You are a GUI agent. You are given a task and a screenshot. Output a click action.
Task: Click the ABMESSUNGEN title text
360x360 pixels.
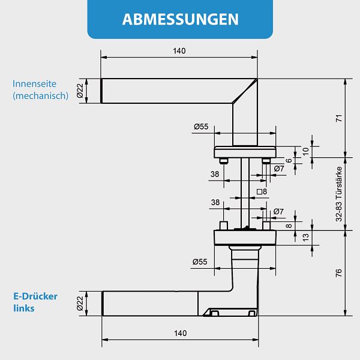pyautogui.click(x=180, y=19)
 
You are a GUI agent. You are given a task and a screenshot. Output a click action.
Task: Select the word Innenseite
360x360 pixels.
pyautogui.click(x=35, y=84)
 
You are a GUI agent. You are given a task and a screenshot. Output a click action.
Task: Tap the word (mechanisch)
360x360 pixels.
pyautogui.click(x=41, y=95)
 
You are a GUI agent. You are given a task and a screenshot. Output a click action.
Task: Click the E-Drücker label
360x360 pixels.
pyautogui.click(x=37, y=296)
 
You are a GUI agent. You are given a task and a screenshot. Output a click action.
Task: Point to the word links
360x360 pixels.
pyautogui.click(x=23, y=308)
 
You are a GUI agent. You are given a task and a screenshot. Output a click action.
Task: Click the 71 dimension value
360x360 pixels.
pyautogui.click(x=338, y=118)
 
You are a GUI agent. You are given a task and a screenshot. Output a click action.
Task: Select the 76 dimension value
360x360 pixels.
pyautogui.click(x=338, y=273)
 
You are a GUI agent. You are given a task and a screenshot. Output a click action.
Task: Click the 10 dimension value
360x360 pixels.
pyautogui.click(x=305, y=151)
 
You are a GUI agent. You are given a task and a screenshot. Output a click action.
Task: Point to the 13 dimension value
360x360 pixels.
pyautogui.click(x=305, y=238)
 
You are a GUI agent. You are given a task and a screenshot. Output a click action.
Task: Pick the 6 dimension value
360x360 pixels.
pyautogui.click(x=289, y=160)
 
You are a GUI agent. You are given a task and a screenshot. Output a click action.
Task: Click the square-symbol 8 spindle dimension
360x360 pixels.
pyautogui.click(x=262, y=192)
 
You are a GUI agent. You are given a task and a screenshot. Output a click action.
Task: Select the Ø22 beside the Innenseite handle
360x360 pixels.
pyautogui.click(x=80, y=91)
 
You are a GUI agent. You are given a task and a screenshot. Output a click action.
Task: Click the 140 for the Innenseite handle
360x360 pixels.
pyautogui.click(x=179, y=51)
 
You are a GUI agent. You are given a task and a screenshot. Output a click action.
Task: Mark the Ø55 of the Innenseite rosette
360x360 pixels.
pyautogui.click(x=201, y=127)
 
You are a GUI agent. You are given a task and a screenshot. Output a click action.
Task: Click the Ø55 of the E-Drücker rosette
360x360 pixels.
pyautogui.click(x=200, y=262)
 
